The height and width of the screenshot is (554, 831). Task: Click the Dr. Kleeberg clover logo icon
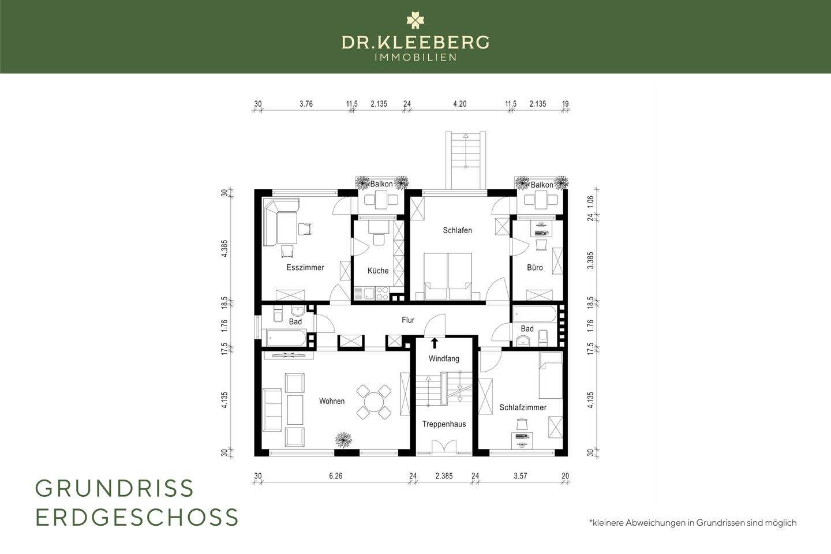[415, 20]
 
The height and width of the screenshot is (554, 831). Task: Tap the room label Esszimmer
[305, 268]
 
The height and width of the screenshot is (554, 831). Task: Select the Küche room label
[378, 271]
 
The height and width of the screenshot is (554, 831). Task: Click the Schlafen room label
[458, 230]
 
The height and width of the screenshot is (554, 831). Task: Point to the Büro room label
[535, 268]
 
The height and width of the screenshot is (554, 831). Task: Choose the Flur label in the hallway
[408, 320]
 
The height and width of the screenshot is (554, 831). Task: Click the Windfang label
[444, 359]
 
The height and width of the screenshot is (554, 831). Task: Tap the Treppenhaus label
[444, 424]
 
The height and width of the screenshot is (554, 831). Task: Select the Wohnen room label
[332, 401]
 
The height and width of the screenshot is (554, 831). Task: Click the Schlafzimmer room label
[523, 407]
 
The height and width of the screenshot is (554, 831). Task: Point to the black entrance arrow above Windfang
[435, 343]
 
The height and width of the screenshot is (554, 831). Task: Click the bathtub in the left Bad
[286, 337]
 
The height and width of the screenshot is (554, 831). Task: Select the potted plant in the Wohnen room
[344, 439]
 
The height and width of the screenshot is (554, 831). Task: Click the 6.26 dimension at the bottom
[335, 476]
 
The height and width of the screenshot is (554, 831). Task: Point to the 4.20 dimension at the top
[459, 104]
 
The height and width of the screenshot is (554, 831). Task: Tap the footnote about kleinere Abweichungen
[692, 523]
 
